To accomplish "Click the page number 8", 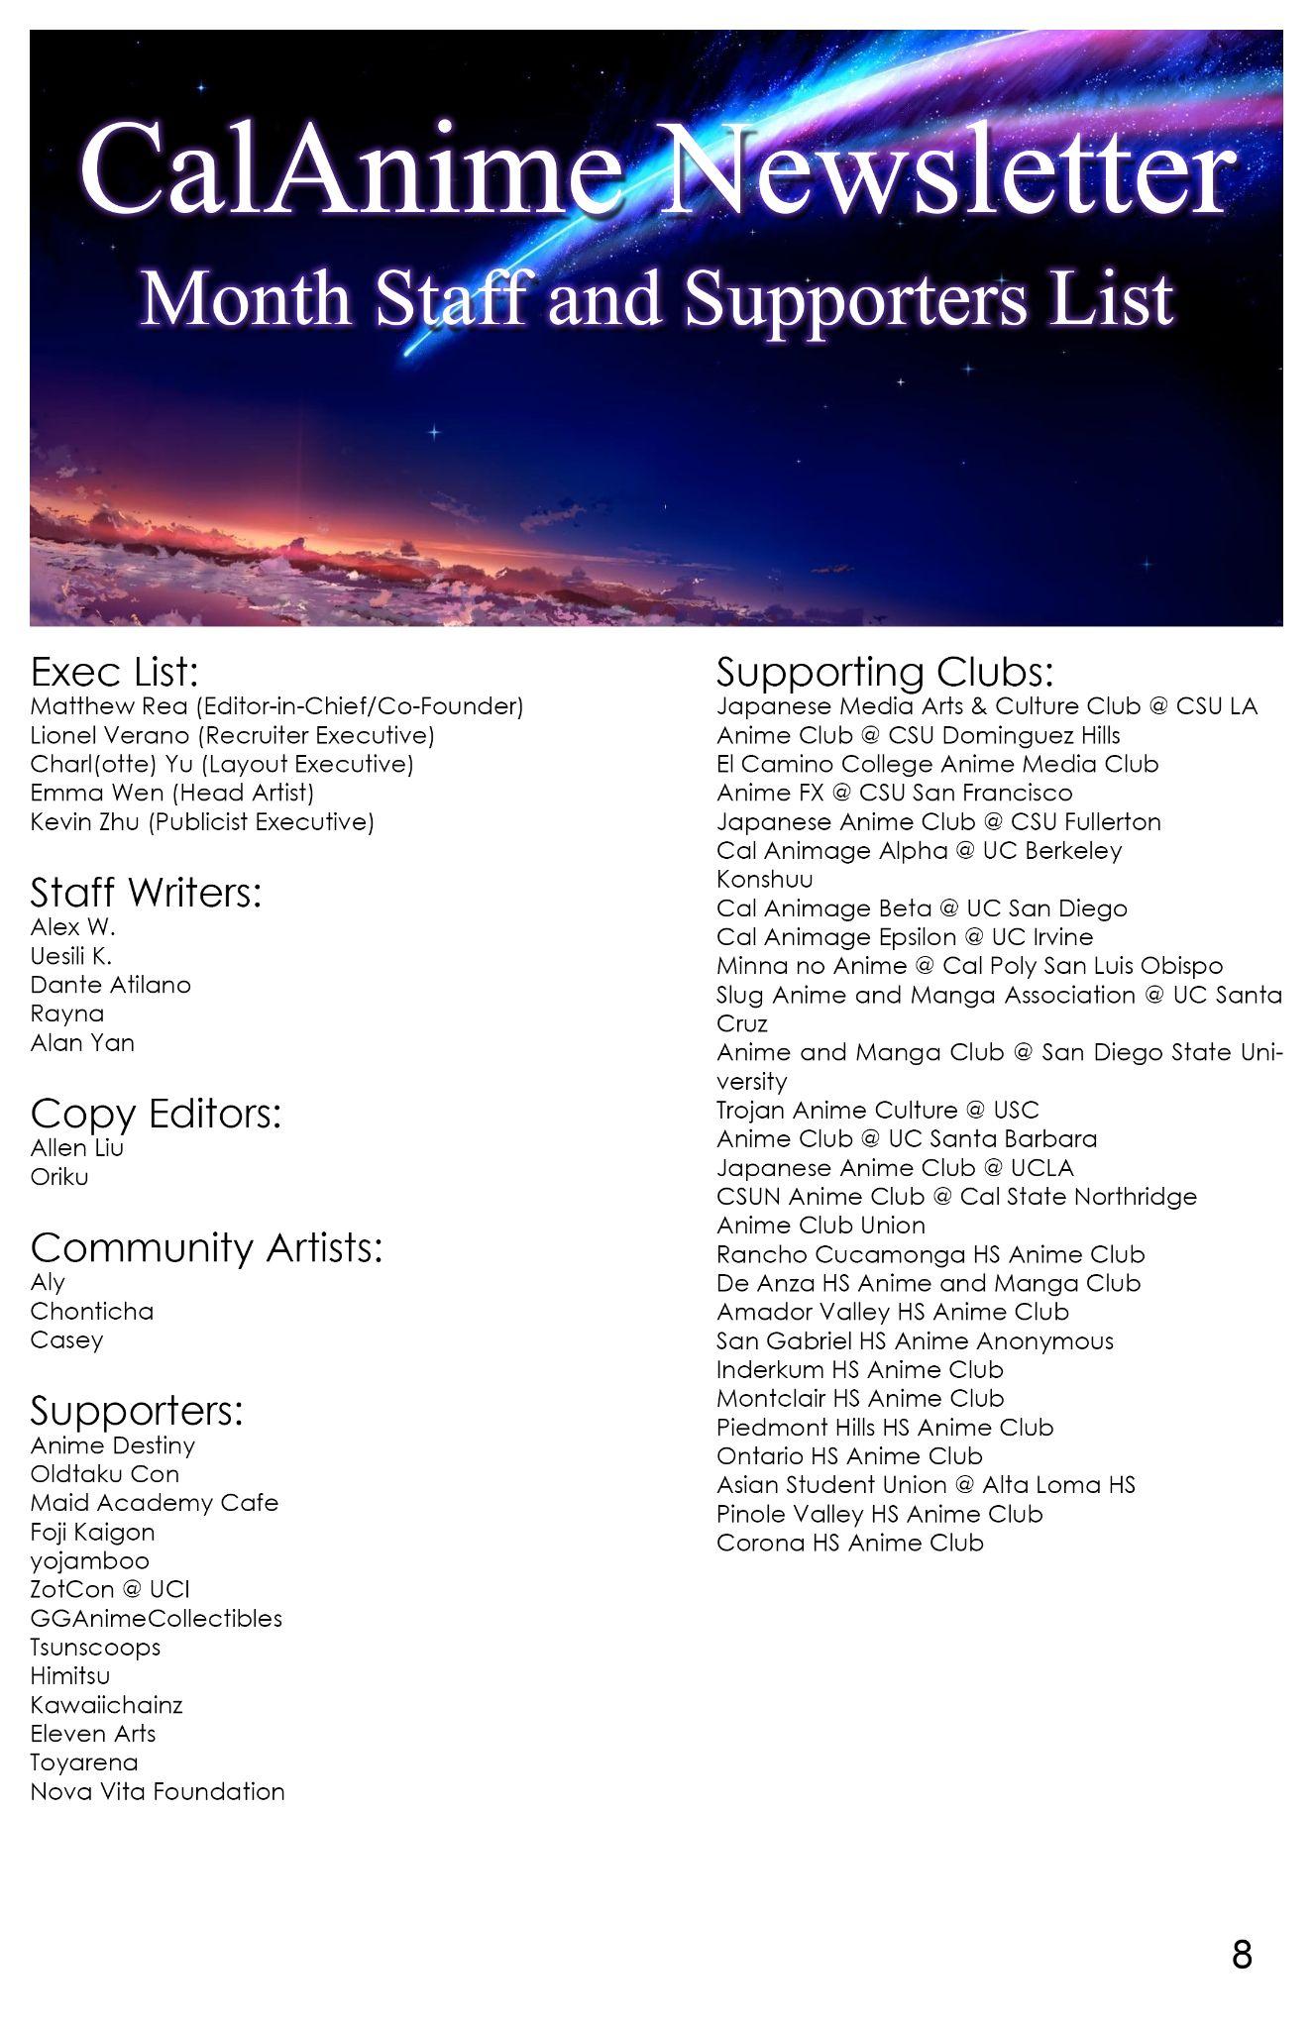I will click(1242, 1955).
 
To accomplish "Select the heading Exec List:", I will click(115, 672).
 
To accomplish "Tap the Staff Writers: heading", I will click(146, 893).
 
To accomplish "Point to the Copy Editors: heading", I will click(156, 1114).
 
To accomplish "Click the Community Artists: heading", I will click(206, 1247).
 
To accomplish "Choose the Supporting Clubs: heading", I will click(884, 672).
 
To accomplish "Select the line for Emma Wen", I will click(171, 793).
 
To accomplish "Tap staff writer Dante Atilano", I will click(111, 985).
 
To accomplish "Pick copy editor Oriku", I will click(59, 1177).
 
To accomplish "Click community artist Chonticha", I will click(92, 1311).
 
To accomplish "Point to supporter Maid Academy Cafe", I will click(155, 1502).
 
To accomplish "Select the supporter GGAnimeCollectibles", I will click(157, 1618).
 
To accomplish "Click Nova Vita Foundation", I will click(158, 1791).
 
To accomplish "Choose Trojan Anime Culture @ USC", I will click(877, 1110).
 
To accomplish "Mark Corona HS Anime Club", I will click(850, 1543).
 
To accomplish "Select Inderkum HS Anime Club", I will click(860, 1369).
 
